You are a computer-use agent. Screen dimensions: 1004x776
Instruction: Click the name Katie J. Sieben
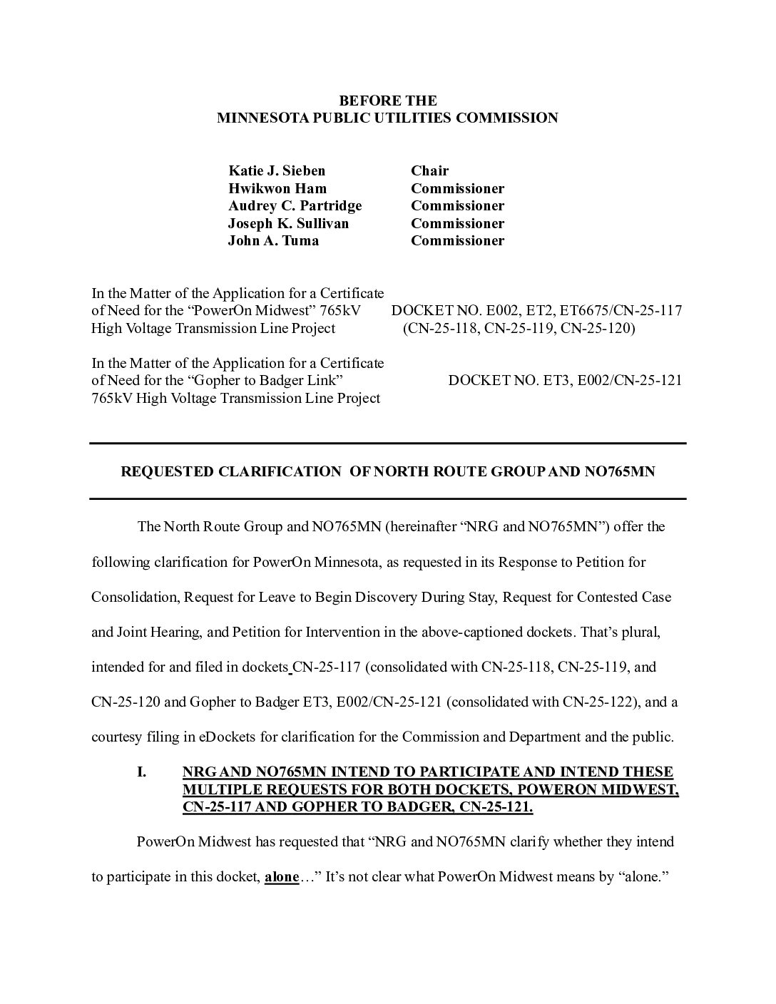pyautogui.click(x=277, y=170)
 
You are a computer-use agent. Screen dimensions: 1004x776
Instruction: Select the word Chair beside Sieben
pyautogui.click(x=429, y=170)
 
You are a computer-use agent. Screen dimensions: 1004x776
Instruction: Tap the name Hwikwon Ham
pyautogui.click(x=277, y=188)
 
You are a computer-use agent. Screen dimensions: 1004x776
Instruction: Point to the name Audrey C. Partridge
pyautogui.click(x=295, y=205)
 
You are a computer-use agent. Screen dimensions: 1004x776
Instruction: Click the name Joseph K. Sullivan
pyautogui.click(x=288, y=223)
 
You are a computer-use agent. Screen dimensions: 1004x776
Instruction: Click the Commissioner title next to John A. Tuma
pyautogui.click(x=457, y=240)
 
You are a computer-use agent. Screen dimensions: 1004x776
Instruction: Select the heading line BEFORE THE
pyautogui.click(x=387, y=101)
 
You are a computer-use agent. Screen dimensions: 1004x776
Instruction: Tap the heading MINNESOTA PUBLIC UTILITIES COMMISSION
pyautogui.click(x=387, y=118)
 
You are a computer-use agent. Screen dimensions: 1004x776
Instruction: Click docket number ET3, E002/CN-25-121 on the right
pyautogui.click(x=564, y=380)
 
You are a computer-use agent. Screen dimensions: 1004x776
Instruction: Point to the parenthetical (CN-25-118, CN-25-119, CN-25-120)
pyautogui.click(x=519, y=328)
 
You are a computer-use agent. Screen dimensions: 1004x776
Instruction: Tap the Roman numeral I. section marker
pyautogui.click(x=141, y=772)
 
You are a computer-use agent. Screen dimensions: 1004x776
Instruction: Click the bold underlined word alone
pyautogui.click(x=281, y=876)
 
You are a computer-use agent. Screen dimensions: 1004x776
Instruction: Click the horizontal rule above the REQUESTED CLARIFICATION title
pyautogui.click(x=387, y=444)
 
